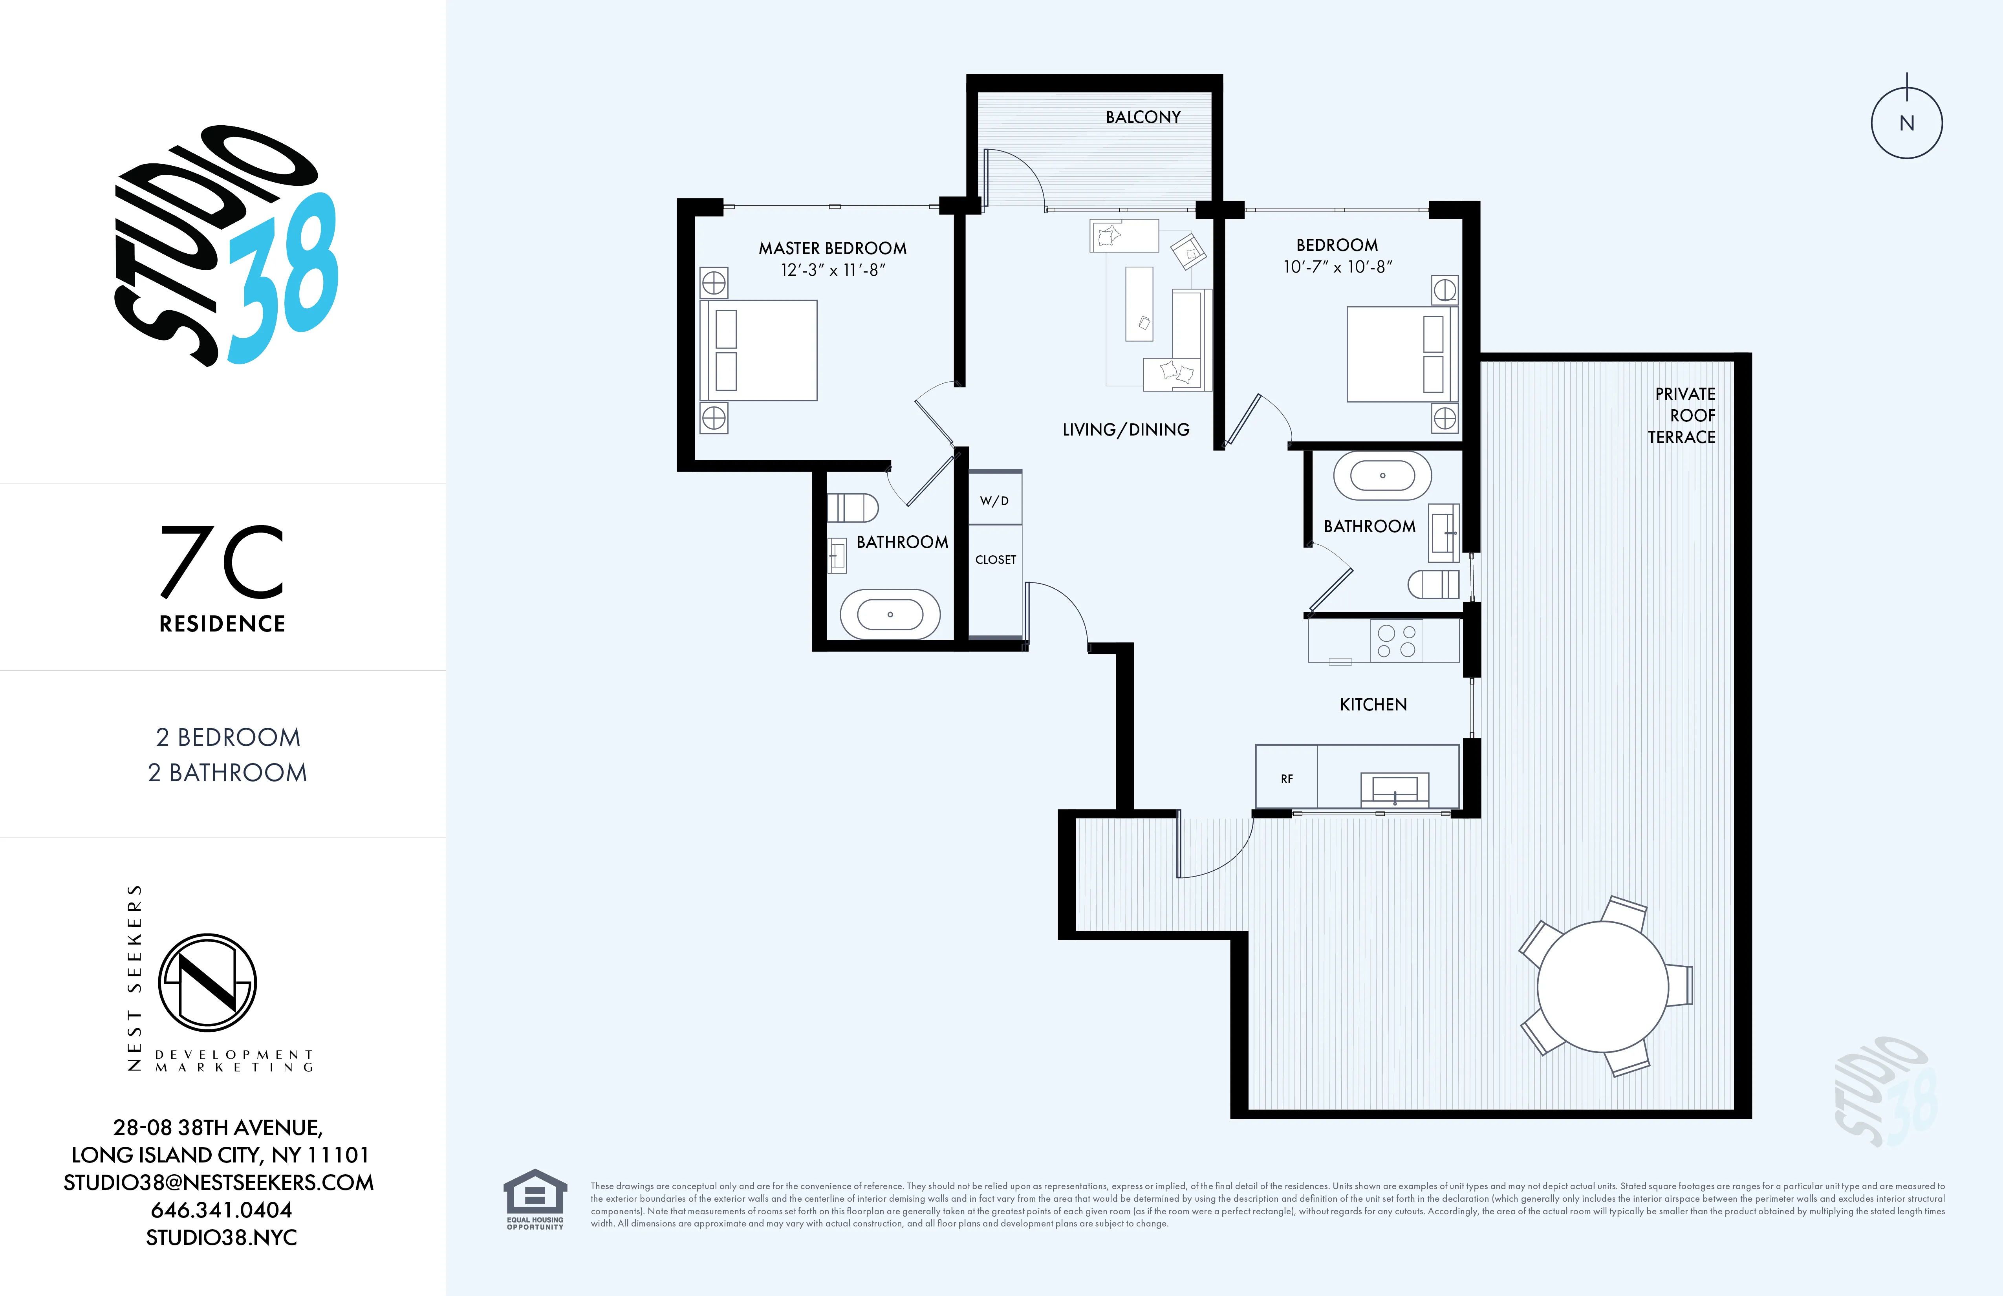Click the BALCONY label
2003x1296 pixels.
[x=1143, y=117]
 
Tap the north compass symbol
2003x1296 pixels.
[x=1906, y=123]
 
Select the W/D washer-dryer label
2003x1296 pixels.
[x=994, y=501]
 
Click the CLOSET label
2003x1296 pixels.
[x=996, y=560]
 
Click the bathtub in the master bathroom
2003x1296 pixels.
[x=890, y=614]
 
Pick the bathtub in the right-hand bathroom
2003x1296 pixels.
[x=1382, y=476]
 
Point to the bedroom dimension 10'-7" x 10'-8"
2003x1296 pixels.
[x=1337, y=267]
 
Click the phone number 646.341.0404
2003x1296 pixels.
[x=222, y=1210]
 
